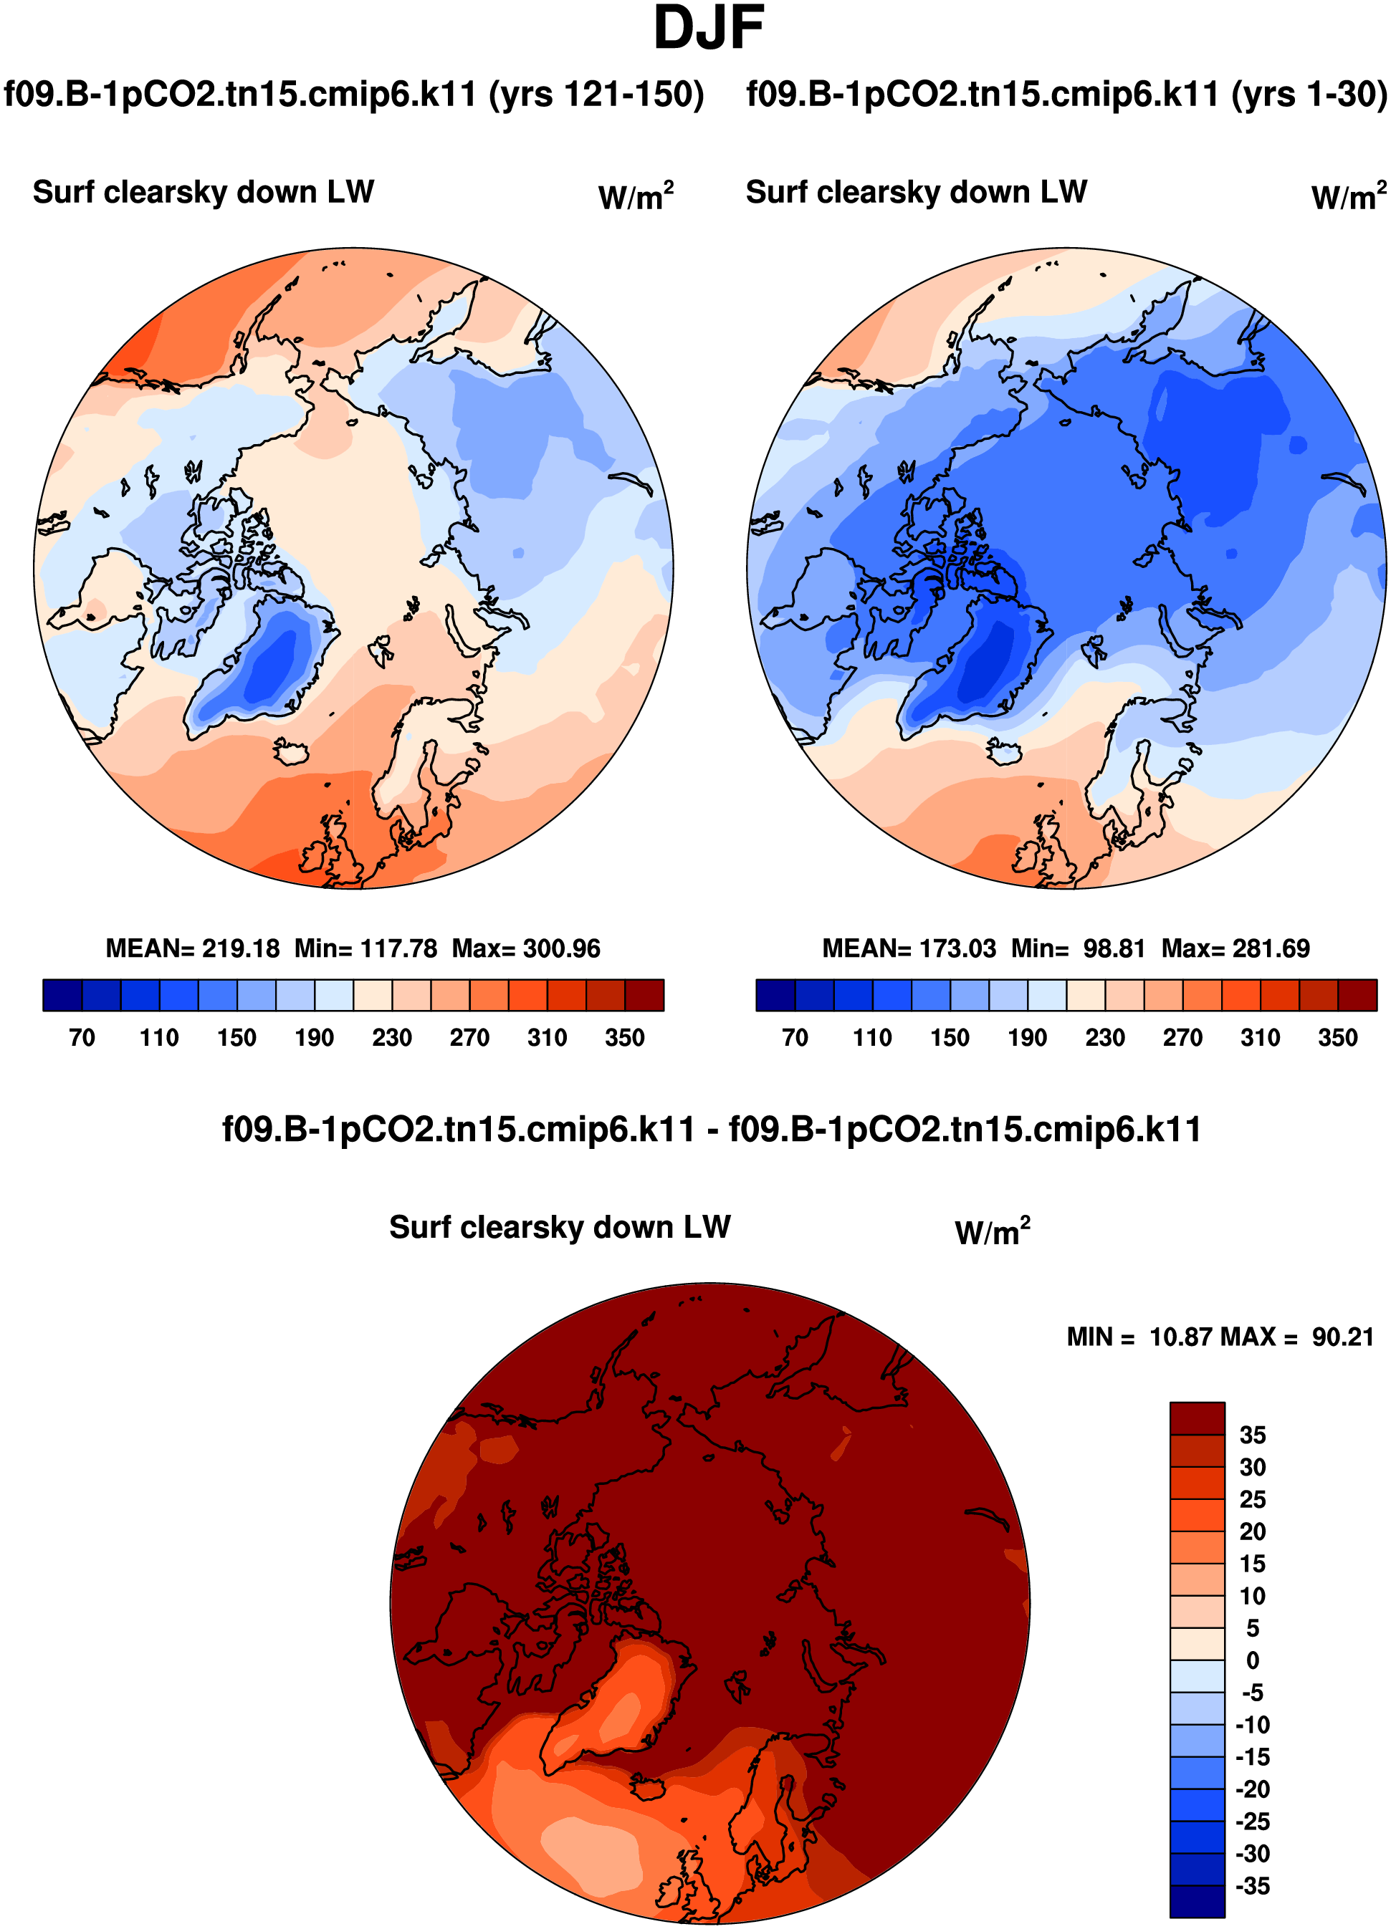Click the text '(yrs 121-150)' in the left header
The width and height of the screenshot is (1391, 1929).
click(x=596, y=95)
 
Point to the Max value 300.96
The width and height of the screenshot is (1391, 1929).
click(x=562, y=948)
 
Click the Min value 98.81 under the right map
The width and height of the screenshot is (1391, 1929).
click(x=1114, y=948)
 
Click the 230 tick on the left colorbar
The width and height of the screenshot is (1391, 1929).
click(x=391, y=1038)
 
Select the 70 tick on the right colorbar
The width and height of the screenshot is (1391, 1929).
click(x=795, y=1038)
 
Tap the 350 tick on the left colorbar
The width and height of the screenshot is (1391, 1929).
click(x=624, y=1038)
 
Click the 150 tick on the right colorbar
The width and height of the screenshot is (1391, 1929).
click(x=950, y=1038)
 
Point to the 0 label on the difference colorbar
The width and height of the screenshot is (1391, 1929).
click(x=1252, y=1660)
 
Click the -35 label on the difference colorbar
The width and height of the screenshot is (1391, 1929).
click(x=1251, y=1885)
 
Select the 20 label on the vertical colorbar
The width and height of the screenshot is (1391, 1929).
click(x=1252, y=1531)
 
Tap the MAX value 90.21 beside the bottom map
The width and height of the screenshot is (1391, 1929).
click(x=1342, y=1337)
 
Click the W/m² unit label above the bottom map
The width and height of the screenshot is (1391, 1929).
click(x=992, y=1231)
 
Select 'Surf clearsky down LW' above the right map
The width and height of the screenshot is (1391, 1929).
click(x=917, y=192)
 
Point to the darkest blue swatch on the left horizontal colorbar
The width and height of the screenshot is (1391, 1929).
click(x=62, y=994)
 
